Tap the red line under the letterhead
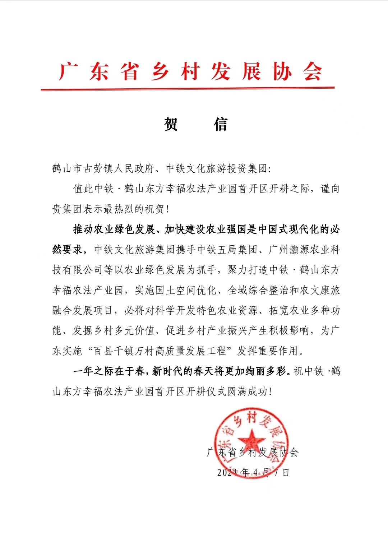click(x=188, y=88)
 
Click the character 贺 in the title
click(x=171, y=125)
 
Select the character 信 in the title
click(x=221, y=125)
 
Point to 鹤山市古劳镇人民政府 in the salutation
click(x=103, y=168)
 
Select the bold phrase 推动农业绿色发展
click(x=114, y=229)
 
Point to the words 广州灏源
click(x=289, y=249)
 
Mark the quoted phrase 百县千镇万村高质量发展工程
click(x=160, y=351)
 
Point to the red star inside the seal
click(x=251, y=439)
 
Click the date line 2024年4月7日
click(x=253, y=472)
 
